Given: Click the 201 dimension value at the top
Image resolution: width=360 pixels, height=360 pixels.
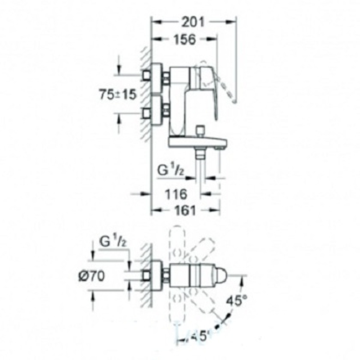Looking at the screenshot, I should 191,22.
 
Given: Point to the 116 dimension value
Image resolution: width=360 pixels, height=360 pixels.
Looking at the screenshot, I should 176,194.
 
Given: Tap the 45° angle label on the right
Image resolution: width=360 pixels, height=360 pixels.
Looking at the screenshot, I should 234,301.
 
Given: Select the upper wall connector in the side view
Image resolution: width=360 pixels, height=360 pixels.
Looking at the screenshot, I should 156,76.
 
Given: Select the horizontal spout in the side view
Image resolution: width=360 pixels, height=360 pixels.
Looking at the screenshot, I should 196,144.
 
